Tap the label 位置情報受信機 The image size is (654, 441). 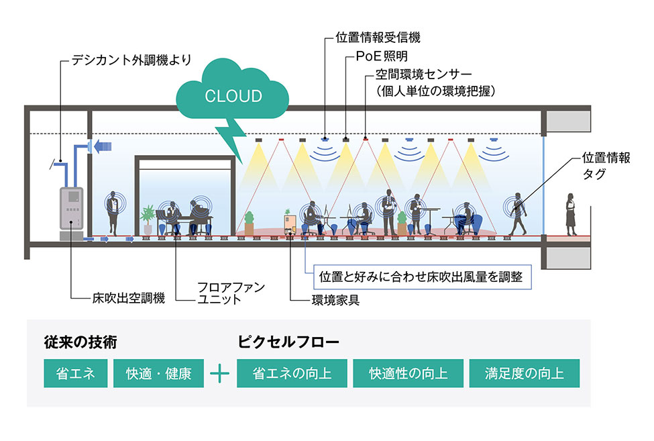point(378,38)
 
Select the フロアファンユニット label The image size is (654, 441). point(221,293)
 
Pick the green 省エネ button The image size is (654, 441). point(75,373)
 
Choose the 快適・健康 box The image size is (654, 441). point(158,373)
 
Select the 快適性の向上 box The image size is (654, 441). point(408,373)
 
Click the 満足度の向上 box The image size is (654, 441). point(524,373)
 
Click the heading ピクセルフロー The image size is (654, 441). point(288,342)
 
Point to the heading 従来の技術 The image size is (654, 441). point(80,342)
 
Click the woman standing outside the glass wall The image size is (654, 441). point(571,213)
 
